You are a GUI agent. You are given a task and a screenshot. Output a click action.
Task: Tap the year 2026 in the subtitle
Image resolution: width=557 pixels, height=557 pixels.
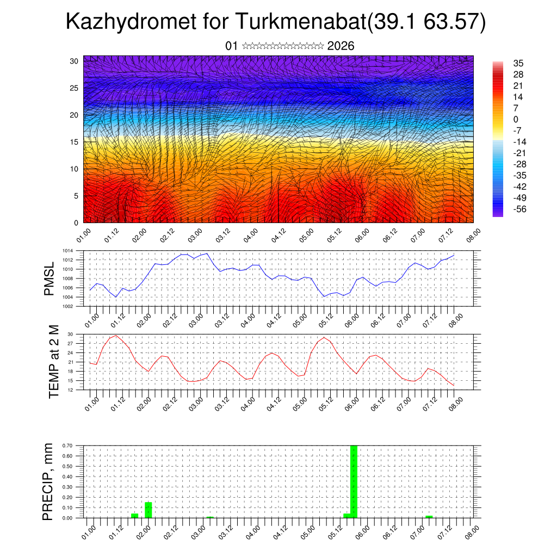(341, 46)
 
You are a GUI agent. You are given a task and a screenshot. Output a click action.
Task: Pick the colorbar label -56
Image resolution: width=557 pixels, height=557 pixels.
(520, 209)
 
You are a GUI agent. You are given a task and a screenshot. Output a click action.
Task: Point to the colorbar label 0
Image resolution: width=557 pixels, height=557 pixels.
(516, 120)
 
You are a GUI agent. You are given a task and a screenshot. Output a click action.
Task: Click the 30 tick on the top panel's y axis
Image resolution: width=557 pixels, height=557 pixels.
(73, 61)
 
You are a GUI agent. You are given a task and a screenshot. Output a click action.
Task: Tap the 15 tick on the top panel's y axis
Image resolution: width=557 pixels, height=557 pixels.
(73, 142)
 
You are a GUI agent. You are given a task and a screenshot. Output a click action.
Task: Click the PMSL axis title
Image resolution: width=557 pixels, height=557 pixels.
(50, 278)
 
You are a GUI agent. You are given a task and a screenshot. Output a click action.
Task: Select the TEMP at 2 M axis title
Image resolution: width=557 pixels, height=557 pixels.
(54, 361)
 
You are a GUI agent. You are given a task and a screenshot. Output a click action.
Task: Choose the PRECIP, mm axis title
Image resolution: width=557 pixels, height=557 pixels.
(49, 481)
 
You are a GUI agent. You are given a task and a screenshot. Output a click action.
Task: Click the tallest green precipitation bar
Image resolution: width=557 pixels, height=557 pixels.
(354, 481)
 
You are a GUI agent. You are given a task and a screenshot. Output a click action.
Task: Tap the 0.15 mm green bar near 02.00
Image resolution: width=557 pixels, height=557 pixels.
(148, 510)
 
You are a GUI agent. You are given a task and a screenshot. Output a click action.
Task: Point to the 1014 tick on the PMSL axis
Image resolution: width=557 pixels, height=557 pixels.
(67, 251)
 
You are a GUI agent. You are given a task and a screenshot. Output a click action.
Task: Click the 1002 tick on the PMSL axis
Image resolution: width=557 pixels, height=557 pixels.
(67, 306)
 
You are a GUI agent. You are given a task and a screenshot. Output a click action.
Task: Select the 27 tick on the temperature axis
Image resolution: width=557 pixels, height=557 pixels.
(70, 343)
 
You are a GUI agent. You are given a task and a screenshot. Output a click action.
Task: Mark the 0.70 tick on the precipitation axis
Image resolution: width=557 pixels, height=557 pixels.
(67, 445)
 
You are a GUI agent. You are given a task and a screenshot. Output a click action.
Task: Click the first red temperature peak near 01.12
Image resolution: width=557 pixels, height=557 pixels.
(116, 336)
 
